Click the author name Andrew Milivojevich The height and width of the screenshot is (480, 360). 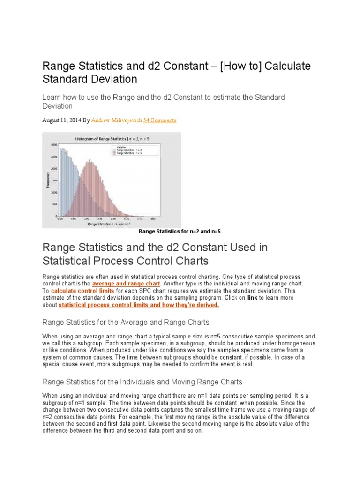pyautogui.click(x=116, y=120)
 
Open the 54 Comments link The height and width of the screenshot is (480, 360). pyautogui.click(x=160, y=120)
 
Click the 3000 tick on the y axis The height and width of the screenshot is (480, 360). pyautogui.click(x=54, y=145)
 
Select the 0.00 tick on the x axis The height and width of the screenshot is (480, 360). pyautogui.click(x=60, y=218)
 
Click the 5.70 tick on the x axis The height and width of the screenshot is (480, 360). pyautogui.click(x=140, y=218)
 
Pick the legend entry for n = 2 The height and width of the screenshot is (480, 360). pyautogui.click(x=127, y=150)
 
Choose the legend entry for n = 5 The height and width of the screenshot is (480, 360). pyautogui.click(x=127, y=153)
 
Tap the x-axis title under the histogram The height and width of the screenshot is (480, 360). pyautogui.click(x=108, y=224)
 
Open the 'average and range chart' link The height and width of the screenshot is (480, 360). pyautogui.click(x=127, y=284)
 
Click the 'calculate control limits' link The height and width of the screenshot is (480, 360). pyautogui.click(x=79, y=291)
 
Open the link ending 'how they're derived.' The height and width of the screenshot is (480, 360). pyautogui.click(x=139, y=305)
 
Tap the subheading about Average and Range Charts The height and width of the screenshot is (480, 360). pyautogui.click(x=126, y=322)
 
